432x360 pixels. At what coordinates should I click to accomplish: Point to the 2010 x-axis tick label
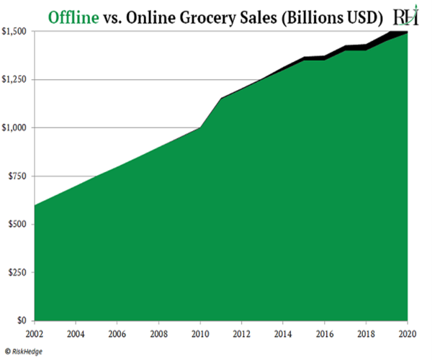[199, 333]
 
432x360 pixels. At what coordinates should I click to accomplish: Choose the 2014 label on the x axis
[284, 333]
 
